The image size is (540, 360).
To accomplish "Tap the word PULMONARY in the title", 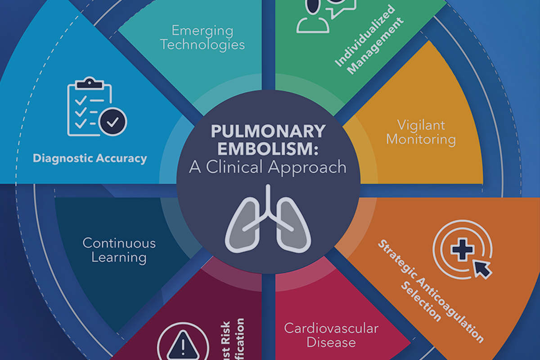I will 268,132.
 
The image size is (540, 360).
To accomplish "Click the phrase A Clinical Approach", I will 268,167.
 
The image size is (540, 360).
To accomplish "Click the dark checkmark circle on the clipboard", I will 113,121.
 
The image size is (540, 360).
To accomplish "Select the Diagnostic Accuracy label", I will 90,158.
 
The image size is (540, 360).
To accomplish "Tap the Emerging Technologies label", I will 202,38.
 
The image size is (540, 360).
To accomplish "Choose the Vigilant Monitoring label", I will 421,132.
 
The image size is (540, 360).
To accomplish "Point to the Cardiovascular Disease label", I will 331,335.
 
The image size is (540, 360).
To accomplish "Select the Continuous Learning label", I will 119,250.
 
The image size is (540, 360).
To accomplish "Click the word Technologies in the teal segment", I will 202,45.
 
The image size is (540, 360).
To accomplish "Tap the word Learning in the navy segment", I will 119,258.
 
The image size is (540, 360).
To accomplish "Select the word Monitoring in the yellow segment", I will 421,139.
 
